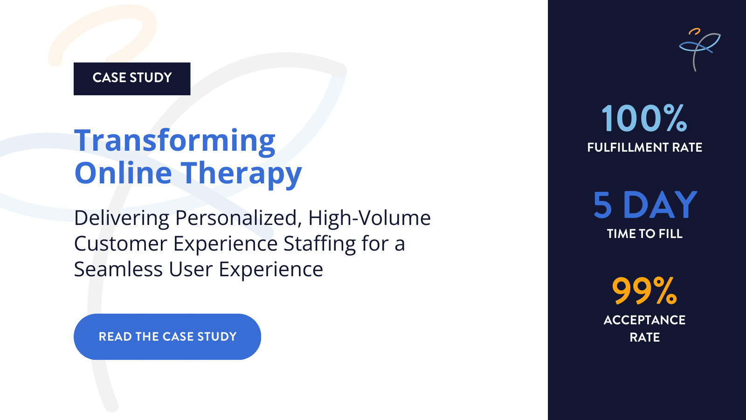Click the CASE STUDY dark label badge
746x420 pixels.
[132, 78]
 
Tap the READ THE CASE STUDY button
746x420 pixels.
[167, 336]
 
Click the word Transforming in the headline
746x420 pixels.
[175, 140]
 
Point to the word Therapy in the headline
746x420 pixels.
[241, 174]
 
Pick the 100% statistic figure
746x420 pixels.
[644, 119]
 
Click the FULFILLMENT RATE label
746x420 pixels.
[644, 147]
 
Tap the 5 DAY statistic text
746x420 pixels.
[645, 205]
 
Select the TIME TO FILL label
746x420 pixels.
[644, 234]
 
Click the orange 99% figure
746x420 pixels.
[644, 291]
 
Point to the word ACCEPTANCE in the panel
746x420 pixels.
[644, 320]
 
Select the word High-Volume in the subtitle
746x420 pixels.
[369, 218]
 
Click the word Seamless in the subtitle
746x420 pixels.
[118, 269]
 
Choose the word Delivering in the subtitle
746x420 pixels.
[122, 218]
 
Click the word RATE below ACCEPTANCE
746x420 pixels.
[644, 337]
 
